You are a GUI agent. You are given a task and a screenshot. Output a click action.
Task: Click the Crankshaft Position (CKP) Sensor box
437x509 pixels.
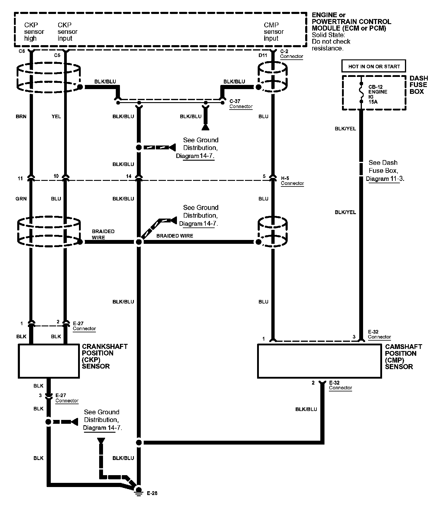coord(49,361)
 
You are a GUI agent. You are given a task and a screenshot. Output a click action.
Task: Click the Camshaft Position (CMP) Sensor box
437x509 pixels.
coord(319,361)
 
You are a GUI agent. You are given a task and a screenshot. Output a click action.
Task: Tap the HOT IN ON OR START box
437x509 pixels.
coord(374,67)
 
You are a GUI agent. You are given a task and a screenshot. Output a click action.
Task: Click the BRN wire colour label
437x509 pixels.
coord(21,116)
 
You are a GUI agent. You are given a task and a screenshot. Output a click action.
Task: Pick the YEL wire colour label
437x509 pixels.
coord(56,116)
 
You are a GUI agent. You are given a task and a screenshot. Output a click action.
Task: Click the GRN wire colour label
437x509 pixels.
coord(21,199)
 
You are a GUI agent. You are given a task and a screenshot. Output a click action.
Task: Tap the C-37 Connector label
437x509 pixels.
coord(241,104)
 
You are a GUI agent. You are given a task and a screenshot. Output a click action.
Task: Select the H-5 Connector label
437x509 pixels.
coord(292,181)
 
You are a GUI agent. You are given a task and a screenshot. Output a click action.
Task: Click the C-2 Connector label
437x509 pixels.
coord(291,54)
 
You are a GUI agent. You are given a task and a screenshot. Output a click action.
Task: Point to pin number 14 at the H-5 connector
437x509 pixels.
coord(129,176)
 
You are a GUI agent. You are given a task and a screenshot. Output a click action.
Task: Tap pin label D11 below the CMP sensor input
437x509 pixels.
coord(263,55)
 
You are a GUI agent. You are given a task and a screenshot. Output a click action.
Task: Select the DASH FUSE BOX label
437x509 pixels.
coord(419,85)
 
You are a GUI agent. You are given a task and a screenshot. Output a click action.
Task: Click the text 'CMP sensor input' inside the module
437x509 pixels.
coord(274,32)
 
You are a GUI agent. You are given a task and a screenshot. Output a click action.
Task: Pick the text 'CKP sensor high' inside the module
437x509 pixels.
coord(34,32)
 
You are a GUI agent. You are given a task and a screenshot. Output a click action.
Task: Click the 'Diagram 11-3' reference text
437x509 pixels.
coord(385,179)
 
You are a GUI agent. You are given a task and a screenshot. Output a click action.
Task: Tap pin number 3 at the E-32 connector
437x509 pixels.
coord(354,337)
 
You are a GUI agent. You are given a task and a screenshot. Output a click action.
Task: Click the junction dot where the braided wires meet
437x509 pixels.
coord(139,242)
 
